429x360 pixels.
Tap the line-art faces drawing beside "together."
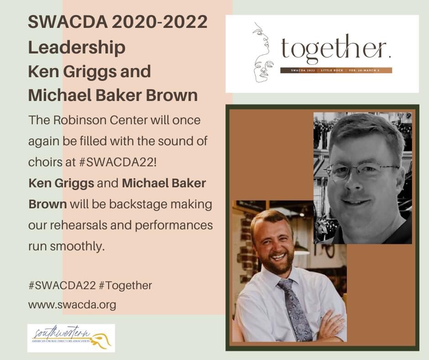tap(263, 53)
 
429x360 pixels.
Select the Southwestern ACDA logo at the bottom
tap(71, 338)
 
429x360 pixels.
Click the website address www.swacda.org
tap(72, 305)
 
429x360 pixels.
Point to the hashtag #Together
tap(125, 286)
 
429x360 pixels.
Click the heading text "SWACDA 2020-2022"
tap(118, 22)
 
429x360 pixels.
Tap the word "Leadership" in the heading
tap(77, 47)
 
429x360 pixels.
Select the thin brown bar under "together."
tap(335, 70)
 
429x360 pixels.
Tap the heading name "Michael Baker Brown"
tap(113, 95)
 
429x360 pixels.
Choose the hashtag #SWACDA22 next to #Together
tap(62, 286)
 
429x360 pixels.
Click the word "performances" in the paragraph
tap(178, 225)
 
